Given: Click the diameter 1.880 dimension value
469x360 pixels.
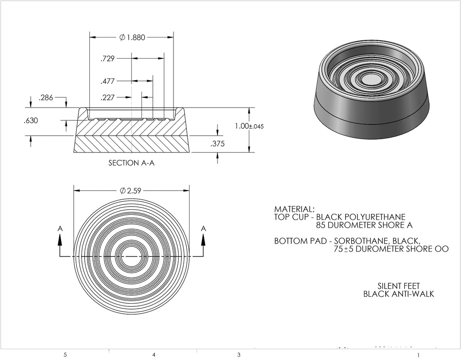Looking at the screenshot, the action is coord(132,38).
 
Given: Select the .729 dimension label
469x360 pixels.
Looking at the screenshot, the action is coord(108,59).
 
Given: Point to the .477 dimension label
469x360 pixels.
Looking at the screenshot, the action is coord(108,82).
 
